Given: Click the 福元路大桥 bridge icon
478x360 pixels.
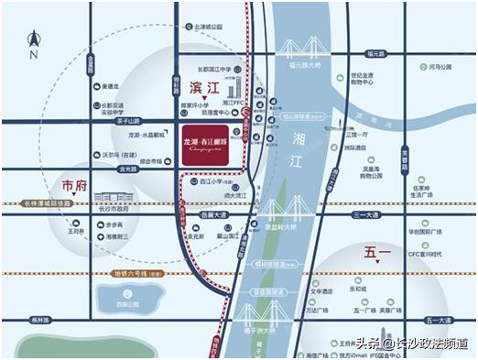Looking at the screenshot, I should click(304, 48).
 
